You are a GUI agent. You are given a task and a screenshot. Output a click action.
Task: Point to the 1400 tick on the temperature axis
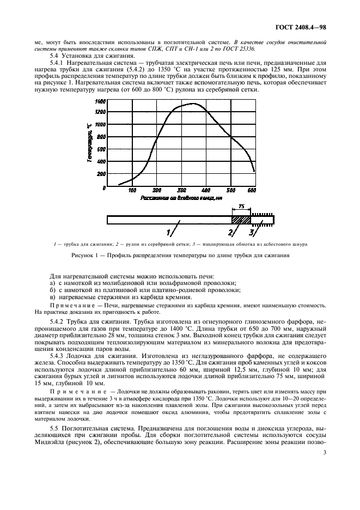point(100,101)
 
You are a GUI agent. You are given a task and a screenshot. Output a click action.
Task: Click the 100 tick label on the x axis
point(132,190)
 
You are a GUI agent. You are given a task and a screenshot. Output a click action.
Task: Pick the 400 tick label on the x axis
point(206,190)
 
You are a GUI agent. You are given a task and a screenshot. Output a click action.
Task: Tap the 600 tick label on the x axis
point(252,190)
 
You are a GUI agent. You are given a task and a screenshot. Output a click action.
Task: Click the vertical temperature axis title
point(88,143)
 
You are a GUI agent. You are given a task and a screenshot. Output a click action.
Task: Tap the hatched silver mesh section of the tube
point(241,220)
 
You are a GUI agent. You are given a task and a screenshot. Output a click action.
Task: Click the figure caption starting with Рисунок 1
point(180,254)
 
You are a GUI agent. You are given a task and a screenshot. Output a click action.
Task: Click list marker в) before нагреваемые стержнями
point(52,297)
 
